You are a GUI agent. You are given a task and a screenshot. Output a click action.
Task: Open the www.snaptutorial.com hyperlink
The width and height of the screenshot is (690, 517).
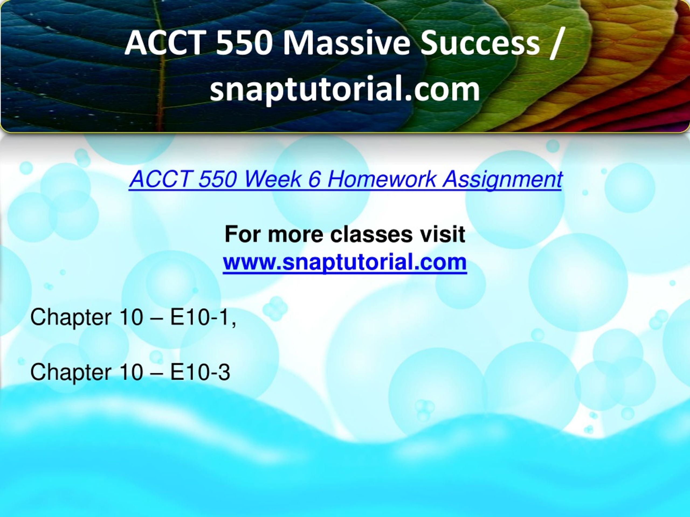(345, 262)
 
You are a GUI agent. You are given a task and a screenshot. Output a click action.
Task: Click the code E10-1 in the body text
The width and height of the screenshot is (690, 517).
(199, 317)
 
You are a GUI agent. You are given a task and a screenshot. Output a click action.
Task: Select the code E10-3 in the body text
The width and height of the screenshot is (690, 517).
(200, 372)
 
